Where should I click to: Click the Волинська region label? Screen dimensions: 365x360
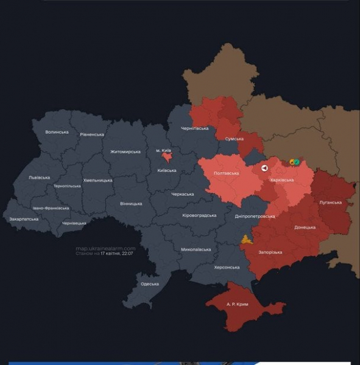click(x=57, y=132)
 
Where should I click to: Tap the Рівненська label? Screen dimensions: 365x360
click(x=91, y=134)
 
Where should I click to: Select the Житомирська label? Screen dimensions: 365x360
click(x=125, y=151)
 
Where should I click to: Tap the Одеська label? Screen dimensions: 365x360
click(x=149, y=284)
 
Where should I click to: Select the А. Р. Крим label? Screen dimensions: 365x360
click(x=238, y=303)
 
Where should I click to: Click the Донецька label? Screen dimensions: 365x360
click(x=305, y=228)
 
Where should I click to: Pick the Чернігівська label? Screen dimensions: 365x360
click(x=195, y=128)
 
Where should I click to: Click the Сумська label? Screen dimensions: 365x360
click(x=235, y=139)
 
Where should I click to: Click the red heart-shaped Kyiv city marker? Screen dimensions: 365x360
click(x=166, y=157)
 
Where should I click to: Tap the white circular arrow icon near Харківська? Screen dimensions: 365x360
click(x=264, y=169)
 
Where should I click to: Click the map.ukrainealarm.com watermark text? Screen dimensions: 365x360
click(x=105, y=248)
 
